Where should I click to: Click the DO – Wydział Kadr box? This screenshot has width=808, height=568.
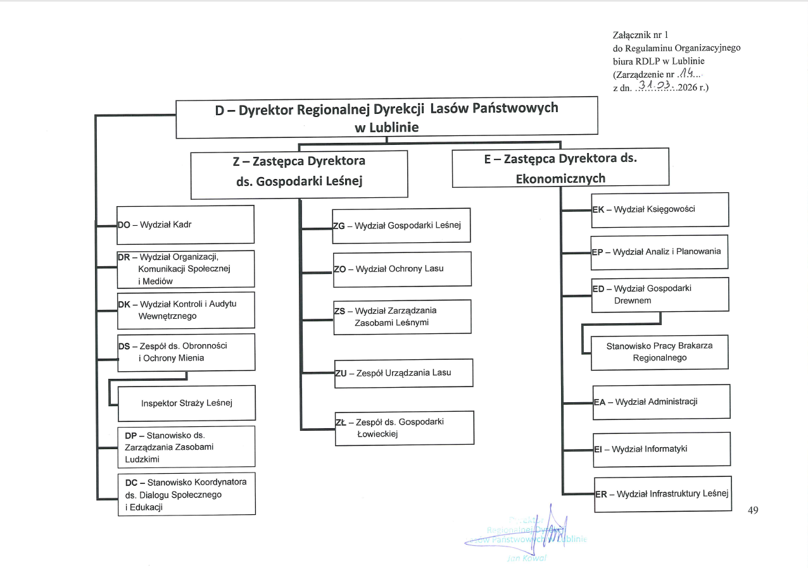[x=186, y=224]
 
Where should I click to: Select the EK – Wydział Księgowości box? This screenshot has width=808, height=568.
[x=660, y=209]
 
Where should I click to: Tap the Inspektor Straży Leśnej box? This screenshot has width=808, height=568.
[x=187, y=403]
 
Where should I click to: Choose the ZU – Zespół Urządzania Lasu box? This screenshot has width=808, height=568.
[x=403, y=373]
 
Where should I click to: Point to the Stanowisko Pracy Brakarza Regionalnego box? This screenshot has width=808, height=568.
[x=659, y=352]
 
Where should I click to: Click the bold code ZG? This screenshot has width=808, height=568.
[x=339, y=225]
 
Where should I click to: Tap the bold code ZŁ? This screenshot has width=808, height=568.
[x=341, y=422]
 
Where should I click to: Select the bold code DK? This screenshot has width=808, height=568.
[x=123, y=304]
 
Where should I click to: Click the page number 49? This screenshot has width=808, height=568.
[x=753, y=510]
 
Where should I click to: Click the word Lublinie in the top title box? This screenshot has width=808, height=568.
[x=387, y=127]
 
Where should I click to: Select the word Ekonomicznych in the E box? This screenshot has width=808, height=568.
[x=560, y=178]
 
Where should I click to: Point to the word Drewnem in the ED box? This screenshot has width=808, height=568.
[x=633, y=300]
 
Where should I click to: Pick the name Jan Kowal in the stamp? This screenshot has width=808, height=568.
[x=526, y=558]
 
